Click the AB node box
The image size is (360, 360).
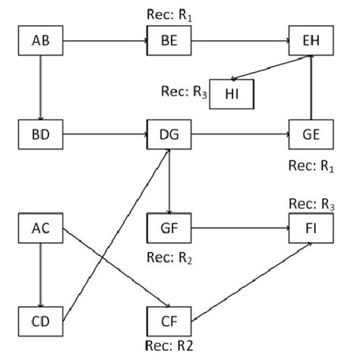[x=41, y=40]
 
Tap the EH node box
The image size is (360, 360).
[x=311, y=40]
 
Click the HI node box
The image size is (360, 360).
[x=232, y=93]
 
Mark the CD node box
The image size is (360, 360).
[x=41, y=319]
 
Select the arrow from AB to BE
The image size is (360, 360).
[x=106, y=40]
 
